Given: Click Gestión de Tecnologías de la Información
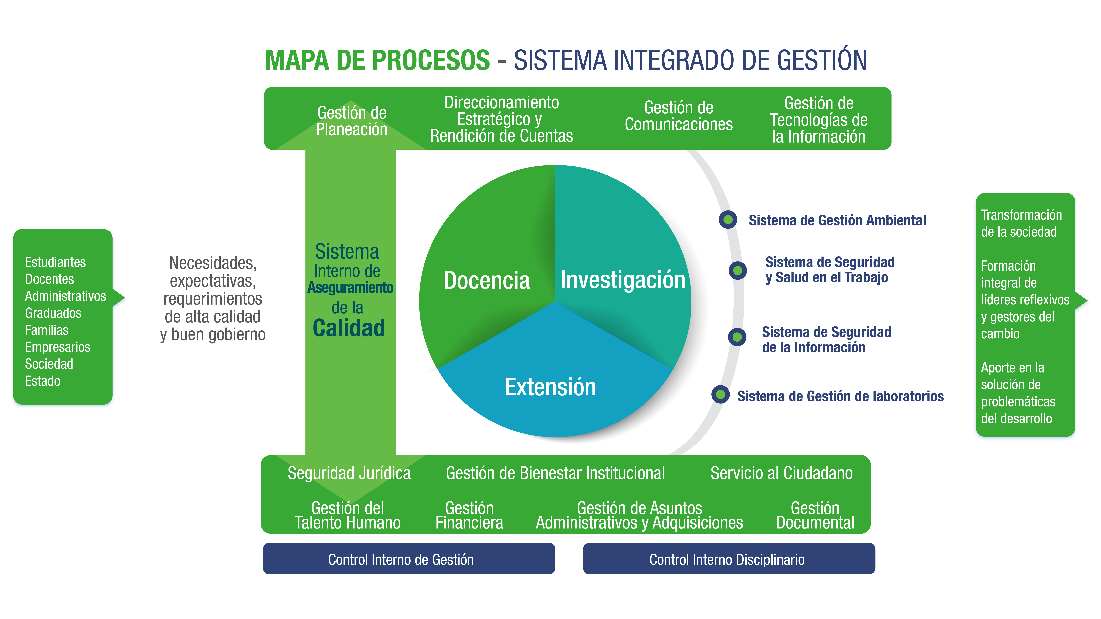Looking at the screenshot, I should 818,120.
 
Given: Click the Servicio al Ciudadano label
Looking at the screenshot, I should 781,473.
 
